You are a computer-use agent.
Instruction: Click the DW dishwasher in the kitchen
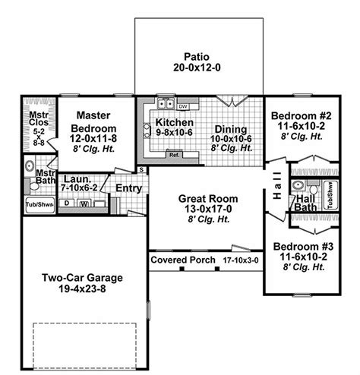click(x=183, y=107)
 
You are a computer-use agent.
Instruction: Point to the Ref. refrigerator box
click(x=174, y=156)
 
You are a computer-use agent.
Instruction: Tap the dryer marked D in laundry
click(x=68, y=203)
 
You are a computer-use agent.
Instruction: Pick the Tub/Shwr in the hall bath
click(x=332, y=194)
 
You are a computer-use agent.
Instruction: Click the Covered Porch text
click(x=182, y=260)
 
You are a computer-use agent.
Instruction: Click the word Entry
click(x=130, y=188)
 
